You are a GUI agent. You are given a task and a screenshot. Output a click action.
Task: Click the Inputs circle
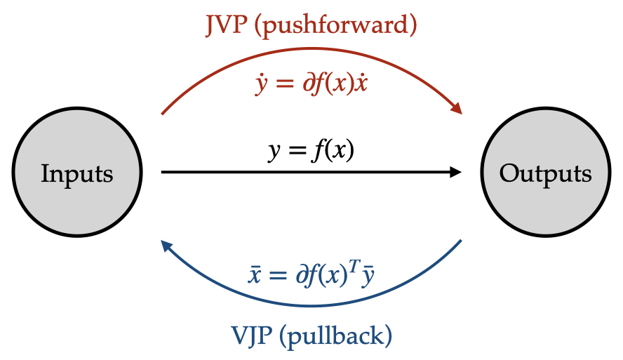(x=76, y=173)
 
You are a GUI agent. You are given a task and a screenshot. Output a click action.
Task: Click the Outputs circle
(x=545, y=173)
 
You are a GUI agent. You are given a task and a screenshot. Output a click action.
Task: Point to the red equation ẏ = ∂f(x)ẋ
(x=311, y=85)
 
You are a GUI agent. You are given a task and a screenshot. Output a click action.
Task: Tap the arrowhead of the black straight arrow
(x=455, y=172)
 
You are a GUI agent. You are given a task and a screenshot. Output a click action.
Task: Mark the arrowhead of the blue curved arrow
(x=166, y=245)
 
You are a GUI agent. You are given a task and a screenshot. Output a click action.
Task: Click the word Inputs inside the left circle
(x=76, y=173)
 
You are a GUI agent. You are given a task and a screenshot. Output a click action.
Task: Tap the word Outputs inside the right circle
(x=545, y=173)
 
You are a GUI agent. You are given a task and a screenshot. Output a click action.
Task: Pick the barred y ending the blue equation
(x=367, y=275)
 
